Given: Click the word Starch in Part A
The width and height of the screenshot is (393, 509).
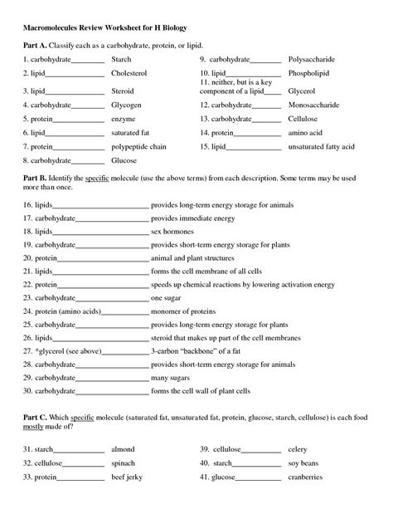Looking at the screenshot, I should pos(121,60).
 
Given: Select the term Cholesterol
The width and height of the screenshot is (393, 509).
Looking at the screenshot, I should pos(130,75).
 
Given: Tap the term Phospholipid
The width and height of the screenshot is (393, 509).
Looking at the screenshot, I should pos(309,75).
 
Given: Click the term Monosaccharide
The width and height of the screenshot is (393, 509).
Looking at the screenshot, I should pos(313,105).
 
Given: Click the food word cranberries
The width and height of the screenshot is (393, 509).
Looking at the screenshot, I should pos(306,478).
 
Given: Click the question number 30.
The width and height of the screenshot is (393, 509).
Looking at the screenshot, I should pos(27,389).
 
